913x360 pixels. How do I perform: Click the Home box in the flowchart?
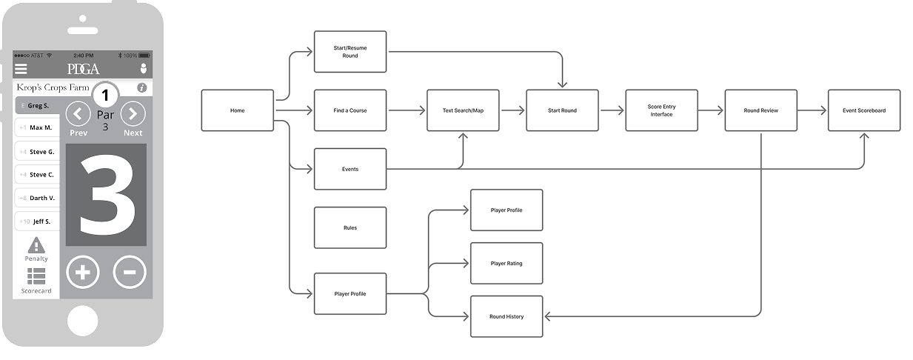point(238,110)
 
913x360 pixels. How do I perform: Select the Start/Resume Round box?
point(350,52)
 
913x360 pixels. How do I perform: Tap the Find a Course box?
point(350,110)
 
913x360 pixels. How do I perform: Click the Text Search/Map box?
point(463,110)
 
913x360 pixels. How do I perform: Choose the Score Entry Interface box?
point(661,110)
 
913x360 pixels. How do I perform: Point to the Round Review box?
point(761,110)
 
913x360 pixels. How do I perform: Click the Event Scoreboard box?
point(864,110)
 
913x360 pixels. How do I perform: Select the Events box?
point(350,169)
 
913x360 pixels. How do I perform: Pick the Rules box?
point(350,227)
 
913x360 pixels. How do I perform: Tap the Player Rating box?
point(506,263)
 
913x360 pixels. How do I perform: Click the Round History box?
point(506,316)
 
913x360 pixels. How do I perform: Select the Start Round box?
point(562,110)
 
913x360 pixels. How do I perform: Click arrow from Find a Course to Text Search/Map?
point(407,110)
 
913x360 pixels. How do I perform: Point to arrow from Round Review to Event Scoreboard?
point(812,110)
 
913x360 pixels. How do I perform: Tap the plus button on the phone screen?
point(82,272)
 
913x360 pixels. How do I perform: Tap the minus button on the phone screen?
point(129,272)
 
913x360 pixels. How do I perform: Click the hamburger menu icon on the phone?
point(21,68)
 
